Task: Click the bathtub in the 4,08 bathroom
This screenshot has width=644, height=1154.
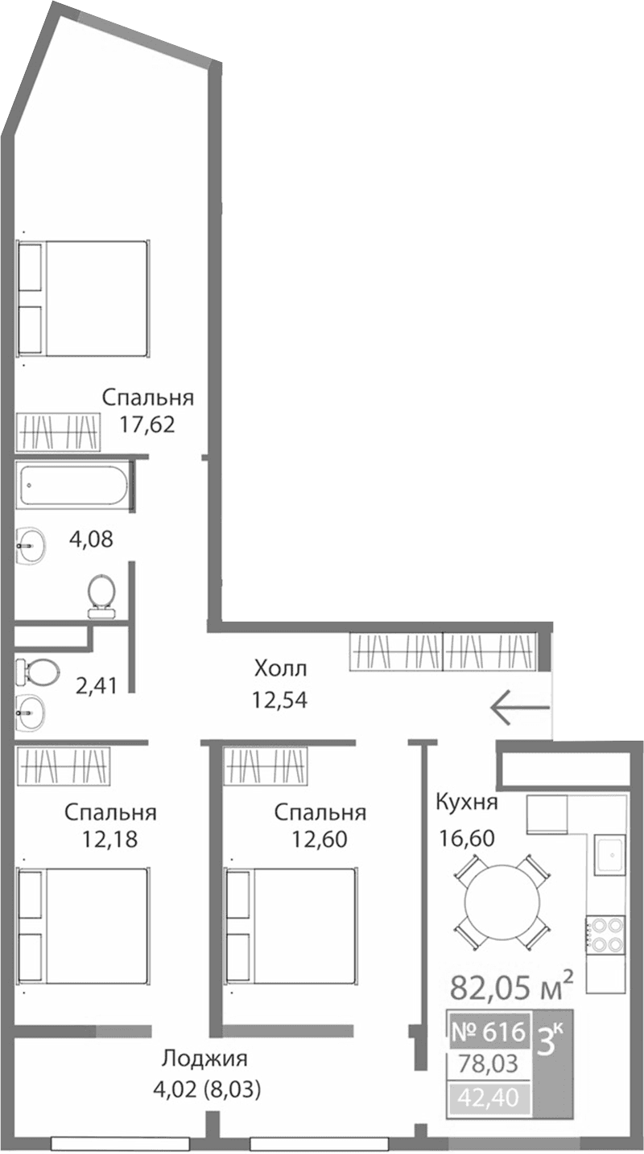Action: [73, 485]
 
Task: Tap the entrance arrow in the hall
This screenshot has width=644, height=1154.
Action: [520, 708]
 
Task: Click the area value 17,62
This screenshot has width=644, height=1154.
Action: [148, 424]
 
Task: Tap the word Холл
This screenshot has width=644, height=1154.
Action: [281, 668]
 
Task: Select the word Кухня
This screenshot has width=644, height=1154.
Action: [467, 802]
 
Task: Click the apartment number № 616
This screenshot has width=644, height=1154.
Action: [489, 1030]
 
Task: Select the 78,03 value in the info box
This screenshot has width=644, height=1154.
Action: [489, 1064]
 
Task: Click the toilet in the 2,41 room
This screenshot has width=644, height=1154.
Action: [37, 670]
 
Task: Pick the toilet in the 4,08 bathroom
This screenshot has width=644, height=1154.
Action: [101, 594]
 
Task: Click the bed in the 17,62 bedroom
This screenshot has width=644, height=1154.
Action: [84, 298]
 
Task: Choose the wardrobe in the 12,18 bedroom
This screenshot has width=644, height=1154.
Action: [62, 765]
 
